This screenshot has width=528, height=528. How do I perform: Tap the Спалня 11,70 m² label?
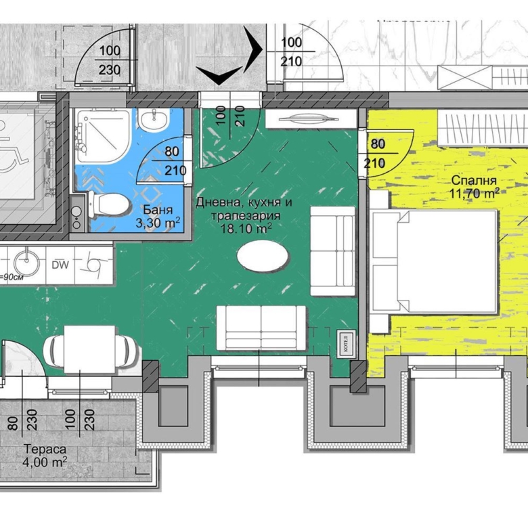[x=473, y=186]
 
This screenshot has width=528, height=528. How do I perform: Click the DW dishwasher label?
[x=60, y=265]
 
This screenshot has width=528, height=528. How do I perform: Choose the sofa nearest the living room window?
[x=260, y=328]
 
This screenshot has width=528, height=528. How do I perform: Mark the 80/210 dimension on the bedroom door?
[x=377, y=154]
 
